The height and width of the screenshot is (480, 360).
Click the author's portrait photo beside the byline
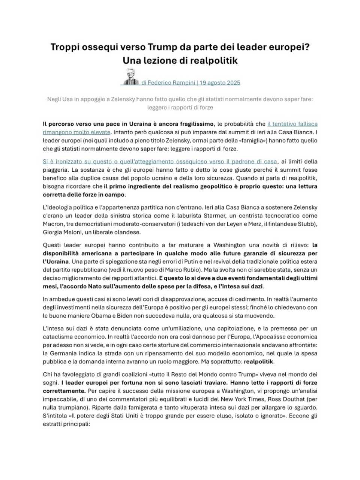[130, 77]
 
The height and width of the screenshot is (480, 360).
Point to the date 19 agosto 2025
[220, 82]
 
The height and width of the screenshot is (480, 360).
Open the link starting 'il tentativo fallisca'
[292, 124]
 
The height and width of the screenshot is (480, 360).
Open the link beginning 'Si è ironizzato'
[159, 162]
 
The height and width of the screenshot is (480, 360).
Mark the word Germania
[62, 353]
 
